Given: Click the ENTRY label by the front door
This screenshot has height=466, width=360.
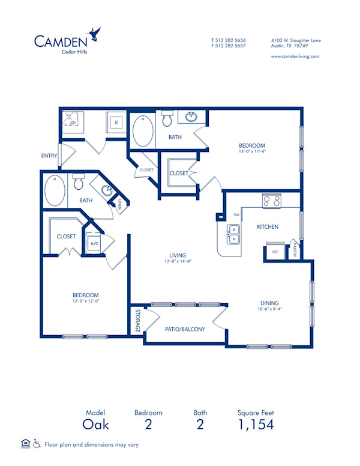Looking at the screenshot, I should (x=49, y=156).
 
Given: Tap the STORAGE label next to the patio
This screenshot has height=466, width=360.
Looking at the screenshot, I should (x=137, y=321).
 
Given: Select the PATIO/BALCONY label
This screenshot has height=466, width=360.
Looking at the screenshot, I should (x=185, y=329).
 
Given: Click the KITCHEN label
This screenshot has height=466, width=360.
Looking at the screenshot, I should (x=266, y=227).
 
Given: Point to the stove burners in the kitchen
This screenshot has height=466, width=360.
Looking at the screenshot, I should (x=271, y=201).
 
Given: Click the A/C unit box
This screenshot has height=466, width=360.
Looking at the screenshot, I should (x=94, y=244).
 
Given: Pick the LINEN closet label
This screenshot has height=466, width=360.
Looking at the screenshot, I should (x=120, y=205).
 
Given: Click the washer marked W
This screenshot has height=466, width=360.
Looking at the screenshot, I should (x=116, y=121).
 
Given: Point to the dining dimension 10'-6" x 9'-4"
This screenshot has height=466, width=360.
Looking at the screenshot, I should (x=269, y=310).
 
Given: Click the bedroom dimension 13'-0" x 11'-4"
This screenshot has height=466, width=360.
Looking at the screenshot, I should (x=252, y=152).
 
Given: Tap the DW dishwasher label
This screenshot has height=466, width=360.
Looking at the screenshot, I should (x=236, y=214).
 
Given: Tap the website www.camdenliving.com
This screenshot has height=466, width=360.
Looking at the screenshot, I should (x=295, y=56).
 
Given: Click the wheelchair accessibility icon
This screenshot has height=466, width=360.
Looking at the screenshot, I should (x=37, y=444).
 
